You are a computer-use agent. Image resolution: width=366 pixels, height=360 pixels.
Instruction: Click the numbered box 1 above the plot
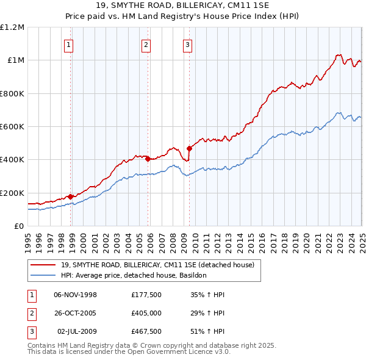[x=69, y=44]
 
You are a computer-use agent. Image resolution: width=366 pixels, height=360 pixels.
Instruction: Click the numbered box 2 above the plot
[x=146, y=44]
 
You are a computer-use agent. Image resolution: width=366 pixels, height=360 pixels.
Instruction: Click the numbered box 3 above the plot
[x=187, y=44]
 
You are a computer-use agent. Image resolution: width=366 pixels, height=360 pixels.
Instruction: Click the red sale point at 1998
[x=71, y=196]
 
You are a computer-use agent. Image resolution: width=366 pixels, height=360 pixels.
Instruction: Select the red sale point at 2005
[x=148, y=159]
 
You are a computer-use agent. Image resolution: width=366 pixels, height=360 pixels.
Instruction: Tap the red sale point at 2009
[x=189, y=148]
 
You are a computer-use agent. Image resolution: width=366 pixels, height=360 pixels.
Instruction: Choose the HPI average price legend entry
[x=134, y=275]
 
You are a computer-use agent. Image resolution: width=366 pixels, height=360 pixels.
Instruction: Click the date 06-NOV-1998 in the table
[x=76, y=295]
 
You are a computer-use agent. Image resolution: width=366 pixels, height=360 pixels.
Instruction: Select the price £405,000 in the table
[x=146, y=314]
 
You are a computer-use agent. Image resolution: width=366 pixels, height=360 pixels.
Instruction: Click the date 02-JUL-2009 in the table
[x=76, y=333]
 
